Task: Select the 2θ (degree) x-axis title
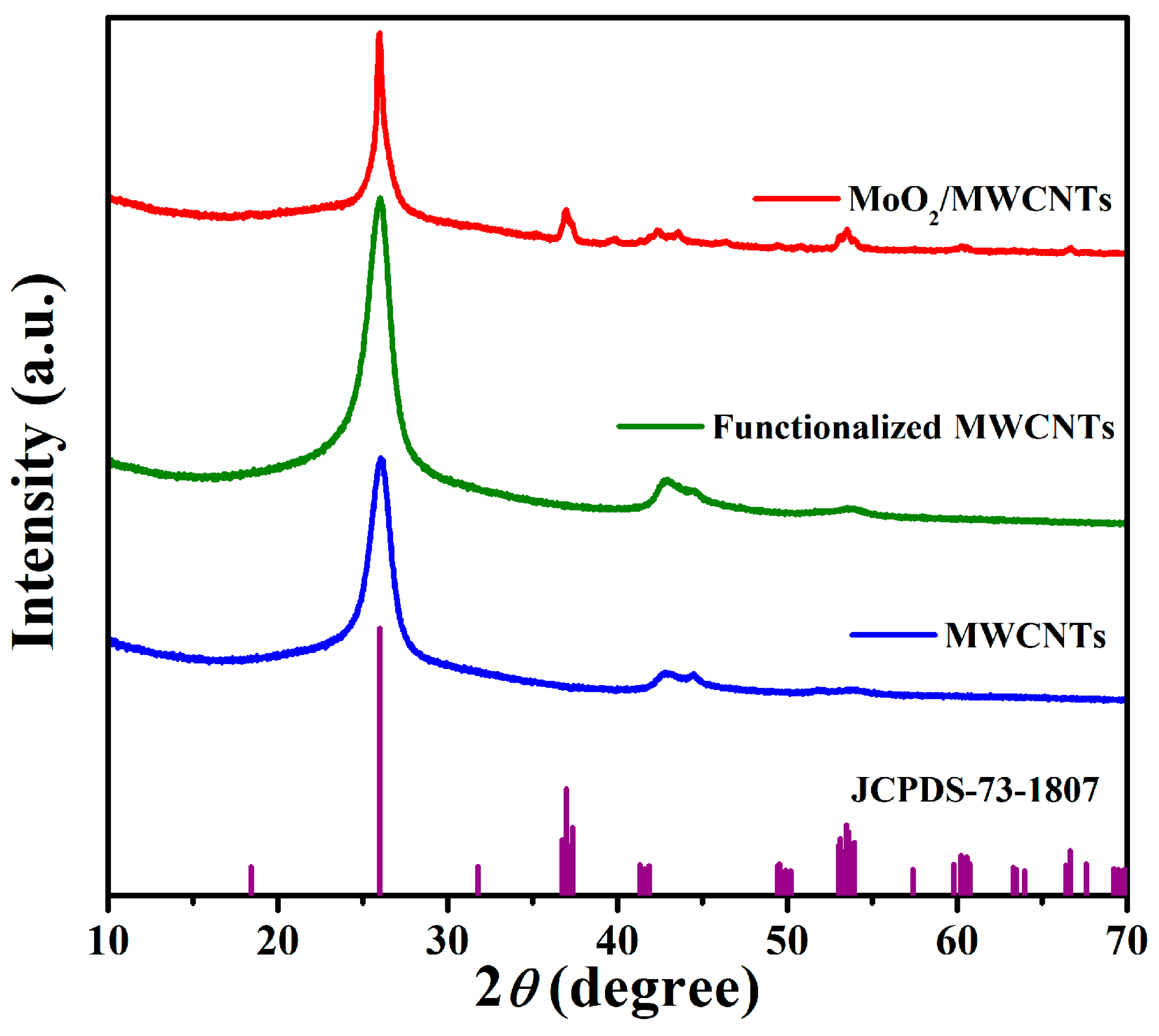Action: (617, 993)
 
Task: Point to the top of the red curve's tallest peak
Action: (379, 34)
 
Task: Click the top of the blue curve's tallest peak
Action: (381, 459)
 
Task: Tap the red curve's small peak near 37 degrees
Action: (566, 212)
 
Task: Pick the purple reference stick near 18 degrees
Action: (251, 879)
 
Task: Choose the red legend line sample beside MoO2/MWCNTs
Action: (796, 198)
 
